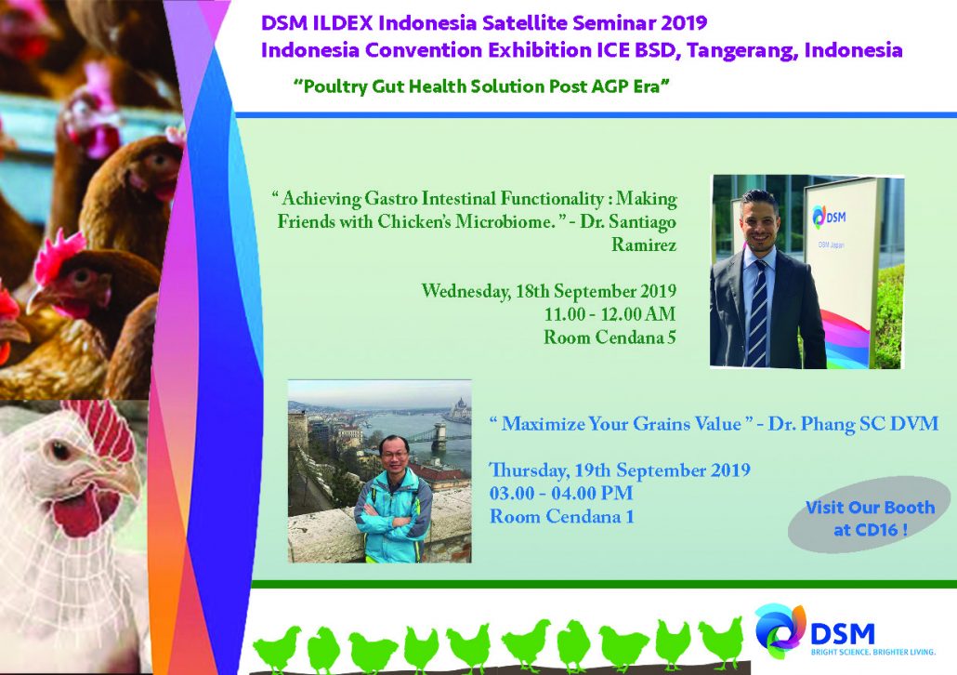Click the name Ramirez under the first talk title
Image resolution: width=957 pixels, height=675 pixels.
644,245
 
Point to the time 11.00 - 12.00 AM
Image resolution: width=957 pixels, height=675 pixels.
610,314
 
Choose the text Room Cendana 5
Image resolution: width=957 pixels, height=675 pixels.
610,337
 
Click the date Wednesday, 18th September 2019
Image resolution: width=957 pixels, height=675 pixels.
549,291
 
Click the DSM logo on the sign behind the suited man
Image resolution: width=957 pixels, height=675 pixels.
828,216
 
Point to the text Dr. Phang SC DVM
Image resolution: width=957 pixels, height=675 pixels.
853,424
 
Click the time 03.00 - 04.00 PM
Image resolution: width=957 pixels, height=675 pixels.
561,494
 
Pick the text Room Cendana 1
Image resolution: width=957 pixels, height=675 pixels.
561,517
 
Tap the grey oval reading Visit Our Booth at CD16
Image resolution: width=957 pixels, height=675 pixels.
869,515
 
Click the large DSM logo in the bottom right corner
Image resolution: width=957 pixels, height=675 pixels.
815,629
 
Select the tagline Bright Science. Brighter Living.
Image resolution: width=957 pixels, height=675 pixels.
872,653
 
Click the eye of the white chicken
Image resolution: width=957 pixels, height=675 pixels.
59,451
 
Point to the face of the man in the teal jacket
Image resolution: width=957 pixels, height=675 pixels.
394,455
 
